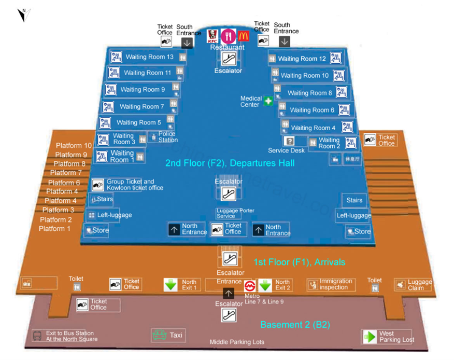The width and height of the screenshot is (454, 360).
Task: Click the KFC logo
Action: (x=211, y=36)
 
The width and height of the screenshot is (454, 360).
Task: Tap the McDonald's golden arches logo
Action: (x=244, y=36)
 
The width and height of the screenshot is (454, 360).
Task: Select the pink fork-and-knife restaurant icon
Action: (x=228, y=36)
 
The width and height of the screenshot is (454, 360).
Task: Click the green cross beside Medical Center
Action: (x=268, y=101)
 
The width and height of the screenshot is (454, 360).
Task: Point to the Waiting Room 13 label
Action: (x=149, y=57)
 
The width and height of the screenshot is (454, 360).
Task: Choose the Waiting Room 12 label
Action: (x=302, y=59)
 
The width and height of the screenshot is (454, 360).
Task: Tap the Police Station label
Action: (x=167, y=137)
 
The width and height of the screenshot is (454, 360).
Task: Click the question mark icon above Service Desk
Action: (x=290, y=141)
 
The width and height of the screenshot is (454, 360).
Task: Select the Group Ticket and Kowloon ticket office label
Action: (x=135, y=185)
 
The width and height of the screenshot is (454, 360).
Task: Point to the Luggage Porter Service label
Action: (x=235, y=213)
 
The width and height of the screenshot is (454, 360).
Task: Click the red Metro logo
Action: (x=250, y=285)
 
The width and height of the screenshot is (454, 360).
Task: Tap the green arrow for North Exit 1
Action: (x=171, y=285)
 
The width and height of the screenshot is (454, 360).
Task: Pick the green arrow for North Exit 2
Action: (x=265, y=285)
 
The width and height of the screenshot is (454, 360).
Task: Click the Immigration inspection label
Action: (x=336, y=284)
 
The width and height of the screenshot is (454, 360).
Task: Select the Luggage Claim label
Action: (x=419, y=285)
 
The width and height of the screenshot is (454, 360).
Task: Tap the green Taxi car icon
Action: (x=159, y=335)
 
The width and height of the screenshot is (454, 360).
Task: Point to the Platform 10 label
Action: (x=74, y=146)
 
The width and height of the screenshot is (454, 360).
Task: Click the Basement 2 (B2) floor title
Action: (x=295, y=325)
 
